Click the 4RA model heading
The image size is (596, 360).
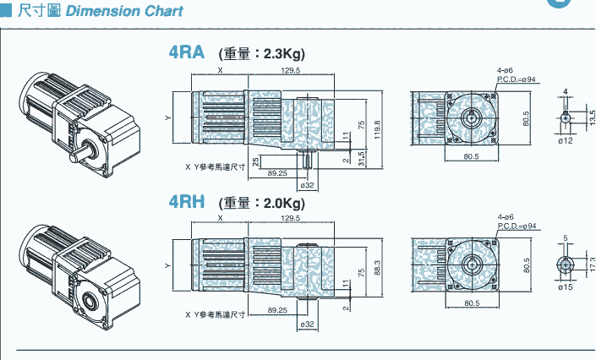tap(187, 52)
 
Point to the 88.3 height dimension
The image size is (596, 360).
tap(378, 267)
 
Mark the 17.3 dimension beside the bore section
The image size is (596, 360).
tap(591, 264)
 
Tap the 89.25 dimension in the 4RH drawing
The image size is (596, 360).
tap(277, 311)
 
